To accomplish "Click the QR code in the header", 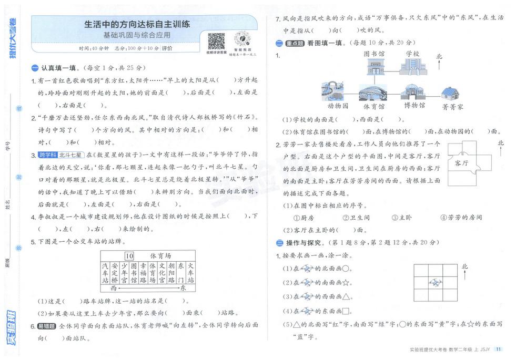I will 216,41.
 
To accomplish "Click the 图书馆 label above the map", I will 374,54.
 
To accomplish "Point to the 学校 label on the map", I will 413,54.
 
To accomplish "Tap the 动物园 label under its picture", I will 338,106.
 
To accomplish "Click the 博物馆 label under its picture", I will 414,106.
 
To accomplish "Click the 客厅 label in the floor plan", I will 462,163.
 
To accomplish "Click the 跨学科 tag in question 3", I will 46,155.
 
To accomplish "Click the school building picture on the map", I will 413,67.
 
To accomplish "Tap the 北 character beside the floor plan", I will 501,143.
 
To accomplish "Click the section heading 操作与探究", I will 304,243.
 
